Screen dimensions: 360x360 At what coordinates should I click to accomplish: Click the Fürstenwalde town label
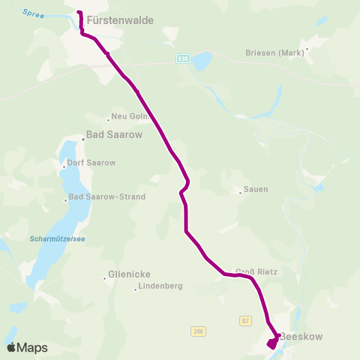tap(120, 21)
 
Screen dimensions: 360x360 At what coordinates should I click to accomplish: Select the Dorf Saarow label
tap(91, 163)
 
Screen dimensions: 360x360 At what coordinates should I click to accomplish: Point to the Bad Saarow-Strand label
tap(107, 197)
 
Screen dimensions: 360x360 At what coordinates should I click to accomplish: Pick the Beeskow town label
tap(301, 337)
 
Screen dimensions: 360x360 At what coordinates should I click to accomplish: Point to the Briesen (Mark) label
tap(273, 53)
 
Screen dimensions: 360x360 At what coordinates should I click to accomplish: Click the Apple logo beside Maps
tap(11, 347)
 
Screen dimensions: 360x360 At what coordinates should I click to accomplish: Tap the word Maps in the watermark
tap(33, 348)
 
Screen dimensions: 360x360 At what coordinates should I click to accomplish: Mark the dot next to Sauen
tap(240, 192)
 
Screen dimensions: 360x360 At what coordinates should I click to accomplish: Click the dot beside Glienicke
tap(104, 278)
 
